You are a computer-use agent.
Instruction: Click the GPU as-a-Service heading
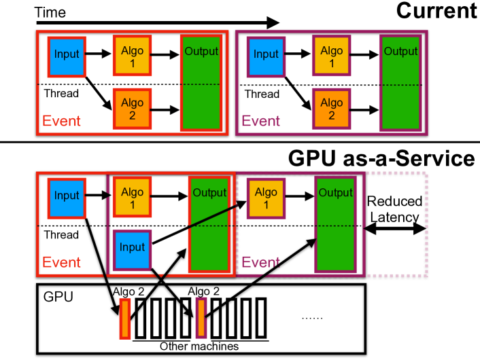[x=381, y=158]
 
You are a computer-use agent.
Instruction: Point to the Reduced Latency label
[x=394, y=209]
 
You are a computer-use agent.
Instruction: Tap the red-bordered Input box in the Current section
[x=67, y=54]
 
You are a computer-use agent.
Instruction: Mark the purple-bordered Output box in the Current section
[x=400, y=82]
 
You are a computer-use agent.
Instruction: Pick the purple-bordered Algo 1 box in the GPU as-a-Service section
[x=265, y=197]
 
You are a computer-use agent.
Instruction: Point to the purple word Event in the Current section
[x=261, y=122]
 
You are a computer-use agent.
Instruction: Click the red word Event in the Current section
[x=61, y=122]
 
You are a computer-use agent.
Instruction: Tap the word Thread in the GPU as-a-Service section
[x=61, y=236]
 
